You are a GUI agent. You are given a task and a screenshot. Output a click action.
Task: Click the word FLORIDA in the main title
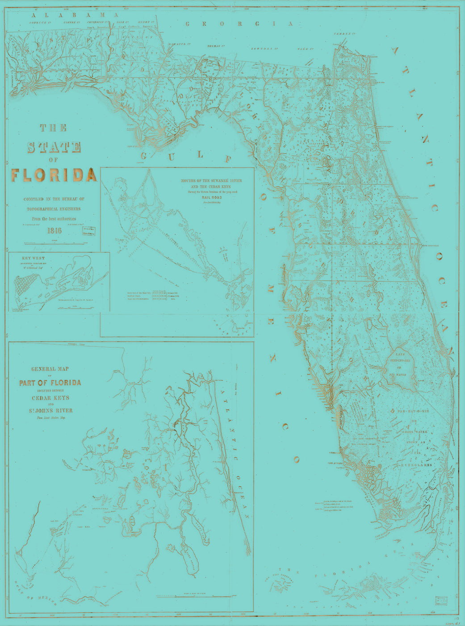click(x=54, y=175)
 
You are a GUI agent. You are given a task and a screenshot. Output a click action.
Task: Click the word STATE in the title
click(x=54, y=147)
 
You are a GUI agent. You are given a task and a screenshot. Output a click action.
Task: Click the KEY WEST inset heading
click(x=33, y=258)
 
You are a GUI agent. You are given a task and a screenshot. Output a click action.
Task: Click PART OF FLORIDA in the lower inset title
click(x=50, y=383)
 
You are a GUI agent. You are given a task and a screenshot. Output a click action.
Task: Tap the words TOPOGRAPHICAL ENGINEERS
click(x=54, y=209)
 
